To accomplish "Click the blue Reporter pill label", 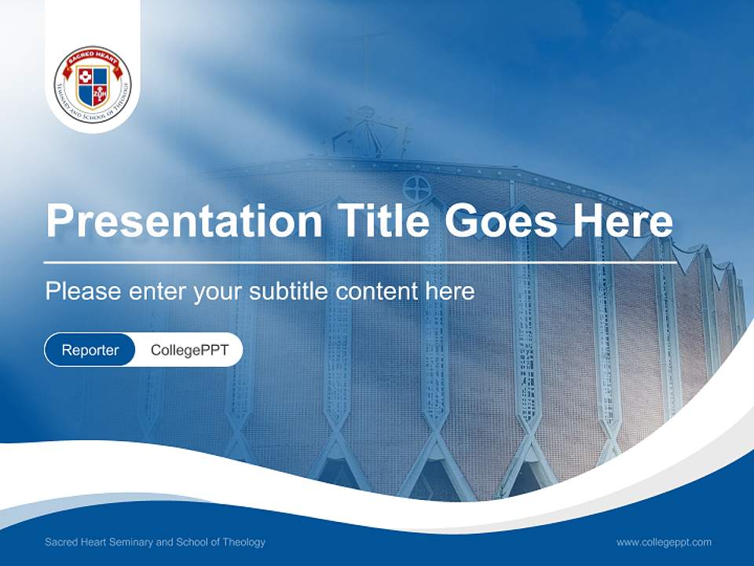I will click(x=90, y=350).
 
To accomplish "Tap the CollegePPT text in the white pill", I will click(x=189, y=350).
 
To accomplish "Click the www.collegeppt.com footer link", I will click(x=664, y=542).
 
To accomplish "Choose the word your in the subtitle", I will click(x=218, y=292).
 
